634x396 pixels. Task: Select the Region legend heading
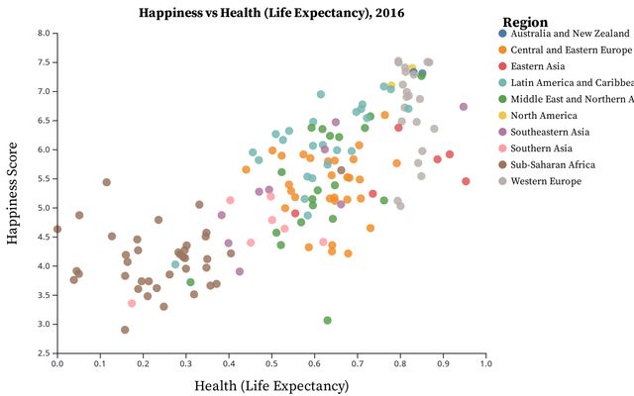(525, 23)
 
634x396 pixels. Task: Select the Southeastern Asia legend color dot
(503, 132)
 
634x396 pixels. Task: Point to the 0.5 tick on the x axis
(271, 364)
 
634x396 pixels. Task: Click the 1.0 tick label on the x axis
(485, 364)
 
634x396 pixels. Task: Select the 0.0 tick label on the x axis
(57, 364)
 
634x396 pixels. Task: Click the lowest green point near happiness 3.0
(327, 321)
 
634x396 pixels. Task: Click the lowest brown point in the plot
(125, 330)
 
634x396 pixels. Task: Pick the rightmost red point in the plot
(466, 181)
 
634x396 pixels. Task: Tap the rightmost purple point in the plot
(464, 107)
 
